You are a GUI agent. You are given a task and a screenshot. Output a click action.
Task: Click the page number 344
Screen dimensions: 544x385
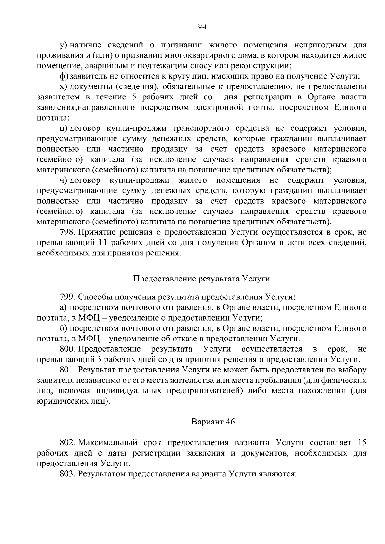[x=201, y=27]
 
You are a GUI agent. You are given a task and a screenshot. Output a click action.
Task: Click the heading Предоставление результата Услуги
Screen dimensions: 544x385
[x=201, y=279]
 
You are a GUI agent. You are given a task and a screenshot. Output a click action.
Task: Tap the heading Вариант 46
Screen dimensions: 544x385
[x=213, y=422]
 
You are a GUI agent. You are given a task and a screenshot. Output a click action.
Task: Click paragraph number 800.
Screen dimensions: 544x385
[x=67, y=349]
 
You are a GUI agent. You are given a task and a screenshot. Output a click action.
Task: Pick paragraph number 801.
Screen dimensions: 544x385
[x=67, y=370]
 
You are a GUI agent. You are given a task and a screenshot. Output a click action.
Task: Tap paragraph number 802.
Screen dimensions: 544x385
[x=67, y=443]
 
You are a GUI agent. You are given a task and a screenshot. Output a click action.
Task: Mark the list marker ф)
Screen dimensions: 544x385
[x=64, y=76]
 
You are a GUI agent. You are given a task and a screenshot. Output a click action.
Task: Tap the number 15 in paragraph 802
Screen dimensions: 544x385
[x=362, y=443]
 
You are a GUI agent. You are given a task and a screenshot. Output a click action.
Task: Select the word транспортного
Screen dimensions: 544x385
[x=201, y=129]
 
